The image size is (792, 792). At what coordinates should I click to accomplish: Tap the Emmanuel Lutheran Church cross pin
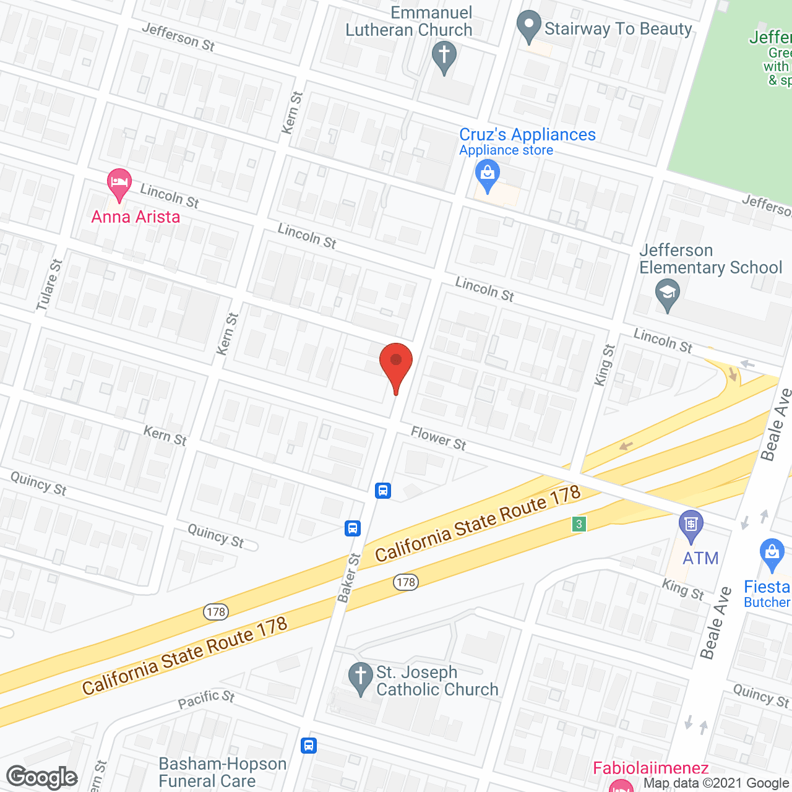(444, 57)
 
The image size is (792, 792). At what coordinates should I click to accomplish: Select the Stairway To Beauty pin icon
(528, 27)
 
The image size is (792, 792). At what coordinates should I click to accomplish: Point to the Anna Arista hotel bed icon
(119, 184)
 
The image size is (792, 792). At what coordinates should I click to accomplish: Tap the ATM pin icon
(691, 526)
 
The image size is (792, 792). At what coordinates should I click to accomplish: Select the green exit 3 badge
(579, 524)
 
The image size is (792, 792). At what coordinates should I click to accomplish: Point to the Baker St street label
(348, 578)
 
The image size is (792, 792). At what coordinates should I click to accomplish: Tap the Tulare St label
(49, 285)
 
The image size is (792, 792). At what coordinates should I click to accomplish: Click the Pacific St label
(206, 699)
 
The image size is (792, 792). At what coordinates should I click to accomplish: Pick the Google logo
(42, 777)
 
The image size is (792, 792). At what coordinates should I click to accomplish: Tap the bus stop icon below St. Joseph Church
(309, 745)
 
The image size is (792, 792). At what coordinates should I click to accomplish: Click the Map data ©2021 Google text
(717, 783)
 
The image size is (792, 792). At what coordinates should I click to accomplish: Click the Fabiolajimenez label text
(650, 768)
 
